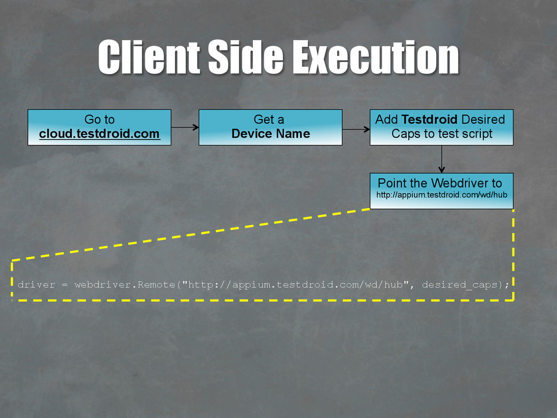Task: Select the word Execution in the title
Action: (376, 57)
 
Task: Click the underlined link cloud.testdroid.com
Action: (100, 134)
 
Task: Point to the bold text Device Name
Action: (270, 134)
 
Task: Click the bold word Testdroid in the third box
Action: (429, 120)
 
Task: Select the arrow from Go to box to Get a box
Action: (185, 128)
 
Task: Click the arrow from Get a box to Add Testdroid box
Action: (356, 129)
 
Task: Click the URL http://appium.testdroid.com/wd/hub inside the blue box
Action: (442, 194)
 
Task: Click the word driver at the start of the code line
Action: (36, 284)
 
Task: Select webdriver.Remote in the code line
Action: (125, 284)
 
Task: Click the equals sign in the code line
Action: (65, 284)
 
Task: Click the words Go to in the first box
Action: (100, 120)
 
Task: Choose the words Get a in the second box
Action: (269, 120)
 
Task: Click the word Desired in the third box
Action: (483, 120)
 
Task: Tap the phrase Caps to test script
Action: (442, 134)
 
